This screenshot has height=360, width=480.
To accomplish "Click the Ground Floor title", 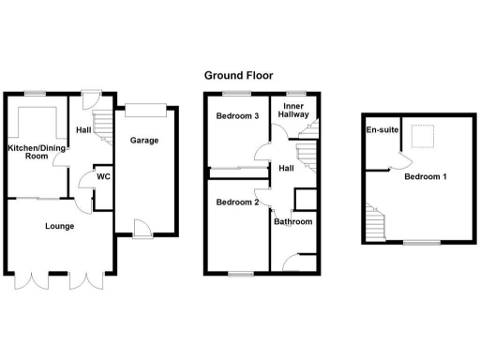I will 239,74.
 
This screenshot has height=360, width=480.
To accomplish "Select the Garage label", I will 143,141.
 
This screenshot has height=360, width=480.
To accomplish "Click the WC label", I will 105,175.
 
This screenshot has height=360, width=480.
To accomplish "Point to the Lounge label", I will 59,226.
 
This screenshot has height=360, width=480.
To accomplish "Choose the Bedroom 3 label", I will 236,116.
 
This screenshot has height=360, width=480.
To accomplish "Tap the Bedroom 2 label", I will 236,202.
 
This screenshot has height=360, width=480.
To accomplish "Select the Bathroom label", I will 292,222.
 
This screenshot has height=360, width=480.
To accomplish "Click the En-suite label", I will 380,130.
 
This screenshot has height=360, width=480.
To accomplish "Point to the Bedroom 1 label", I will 426,176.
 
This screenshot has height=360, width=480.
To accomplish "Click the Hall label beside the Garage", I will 83,130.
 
